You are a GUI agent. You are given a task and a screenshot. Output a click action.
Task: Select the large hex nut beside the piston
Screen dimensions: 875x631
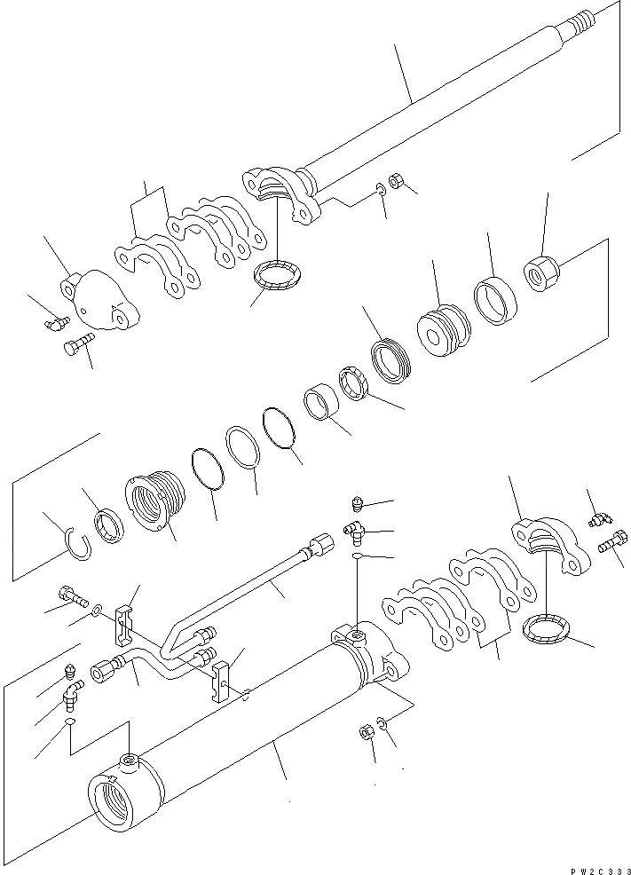pos(540,267)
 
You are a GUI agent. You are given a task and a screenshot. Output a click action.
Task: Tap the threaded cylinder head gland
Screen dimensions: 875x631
pos(157,504)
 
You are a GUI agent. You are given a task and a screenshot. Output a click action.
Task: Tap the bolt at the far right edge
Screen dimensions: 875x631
pos(611,545)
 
